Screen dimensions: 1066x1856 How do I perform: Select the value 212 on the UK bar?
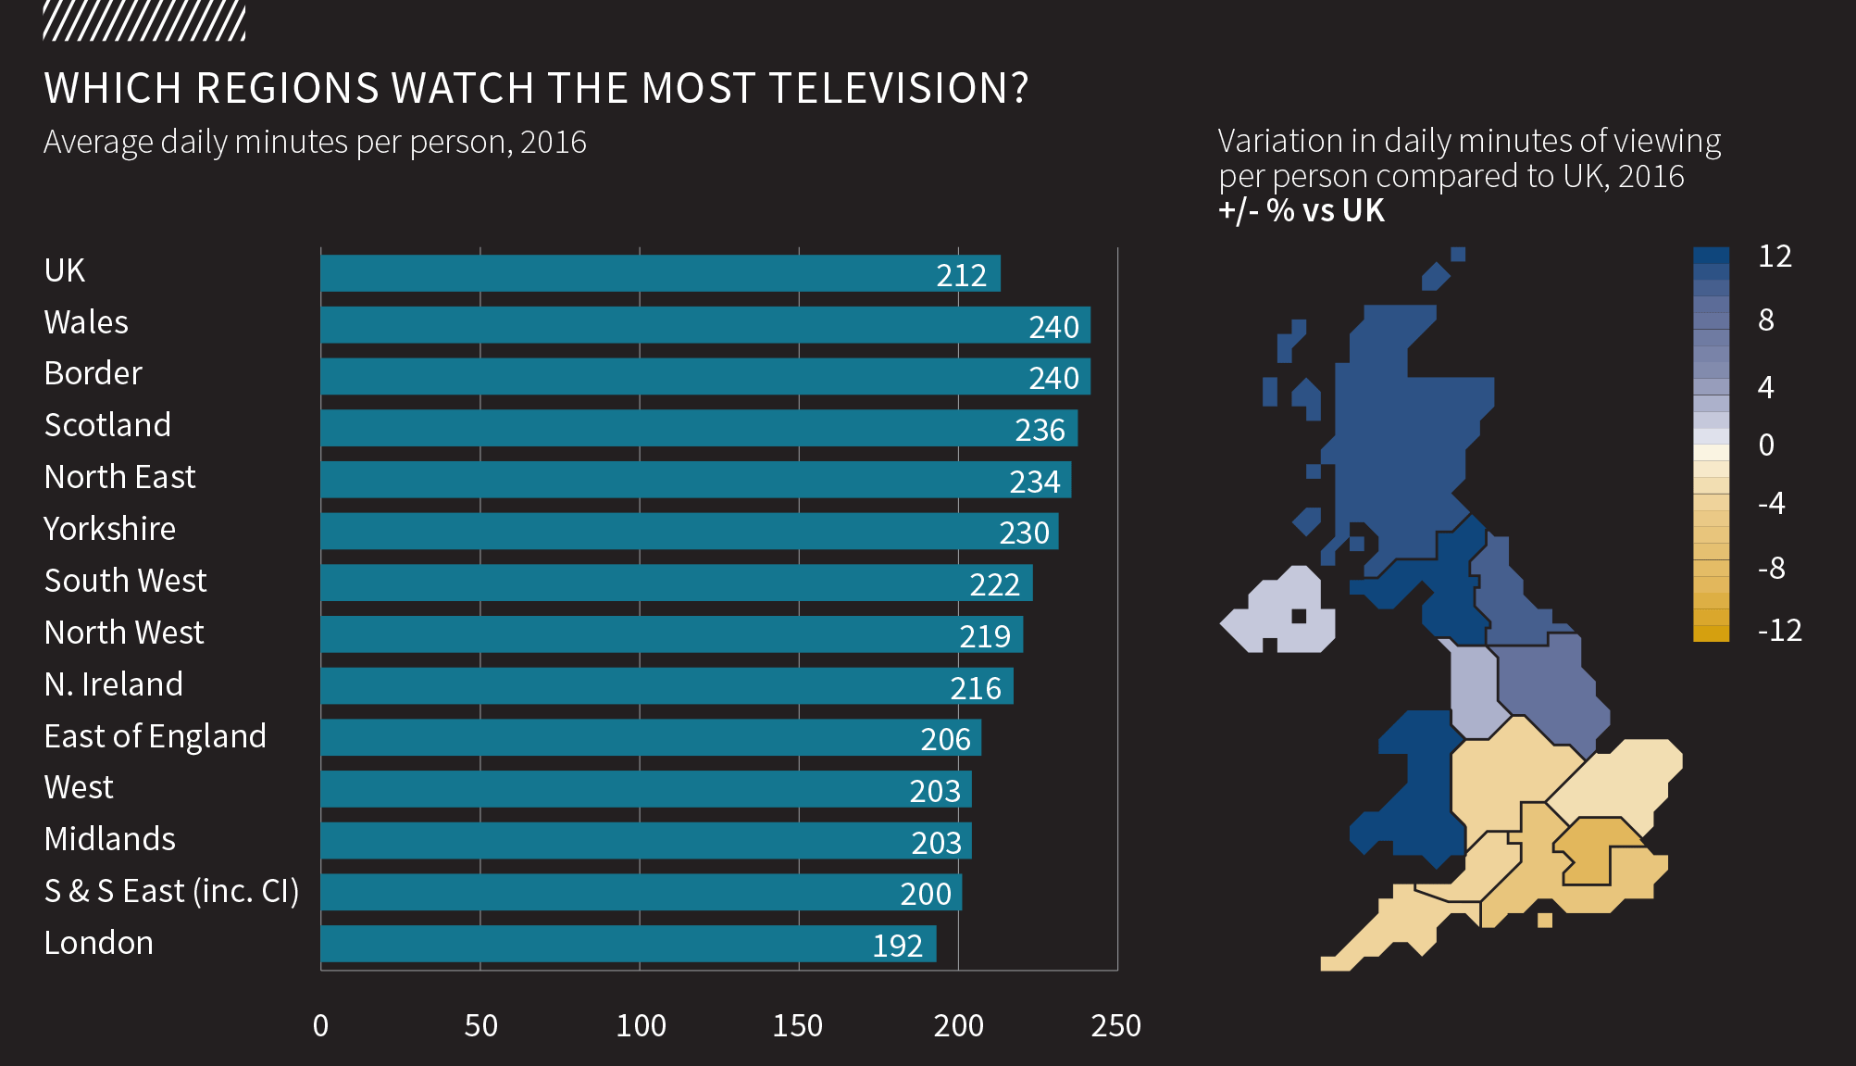pyautogui.click(x=961, y=275)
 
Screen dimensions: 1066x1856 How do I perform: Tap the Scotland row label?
pyautogui.click(x=107, y=425)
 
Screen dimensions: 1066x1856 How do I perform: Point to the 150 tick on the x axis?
pyautogui.click(x=797, y=1025)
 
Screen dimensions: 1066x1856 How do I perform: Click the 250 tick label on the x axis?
pyautogui.click(x=1115, y=1025)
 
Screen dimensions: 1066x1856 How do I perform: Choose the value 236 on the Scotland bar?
pyautogui.click(x=1040, y=430)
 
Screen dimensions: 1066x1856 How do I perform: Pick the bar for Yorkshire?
pyautogui.click(x=689, y=532)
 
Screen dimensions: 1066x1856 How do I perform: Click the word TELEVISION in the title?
pyautogui.click(x=898, y=89)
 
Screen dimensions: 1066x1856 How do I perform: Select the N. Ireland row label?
pyautogui.click(x=113, y=684)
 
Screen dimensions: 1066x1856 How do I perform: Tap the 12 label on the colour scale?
pyautogui.click(x=1775, y=257)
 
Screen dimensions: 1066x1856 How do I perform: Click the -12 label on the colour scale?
pyautogui.click(x=1779, y=631)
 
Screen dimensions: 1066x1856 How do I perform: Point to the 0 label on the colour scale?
pyautogui.click(x=1766, y=445)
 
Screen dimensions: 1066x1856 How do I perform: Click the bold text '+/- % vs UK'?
pyautogui.click(x=1301, y=211)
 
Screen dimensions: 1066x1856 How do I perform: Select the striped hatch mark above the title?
pyautogui.click(x=144, y=21)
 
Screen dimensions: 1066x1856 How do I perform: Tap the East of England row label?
pyautogui.click(x=155, y=736)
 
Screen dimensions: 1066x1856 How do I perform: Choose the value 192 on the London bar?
pyautogui.click(x=897, y=946)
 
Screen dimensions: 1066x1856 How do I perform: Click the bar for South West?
pyautogui.click(x=676, y=583)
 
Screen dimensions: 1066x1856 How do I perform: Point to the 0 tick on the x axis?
pyautogui.click(x=320, y=1025)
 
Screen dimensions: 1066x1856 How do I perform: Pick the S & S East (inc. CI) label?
pyautogui.click(x=171, y=891)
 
